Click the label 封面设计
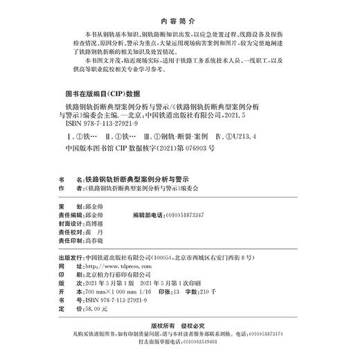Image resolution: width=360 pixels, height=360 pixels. (72, 224)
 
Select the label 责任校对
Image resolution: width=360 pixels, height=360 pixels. (72, 233)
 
